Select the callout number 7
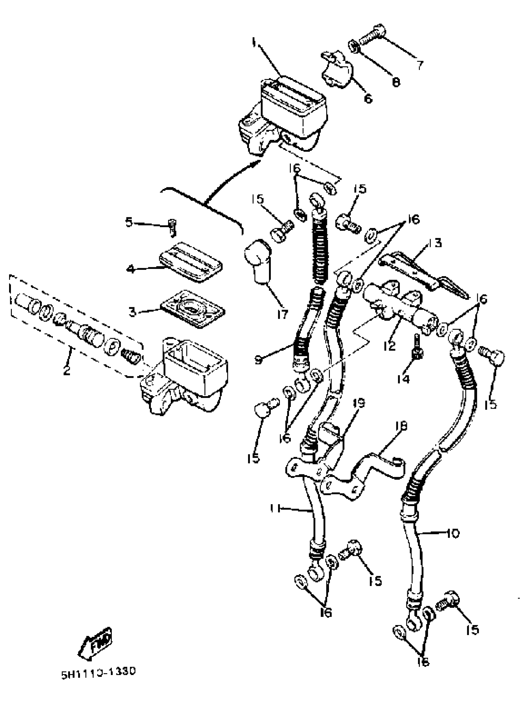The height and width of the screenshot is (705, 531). tap(419, 65)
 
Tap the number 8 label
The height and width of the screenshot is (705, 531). tap(395, 82)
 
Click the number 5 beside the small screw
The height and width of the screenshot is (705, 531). tap(128, 222)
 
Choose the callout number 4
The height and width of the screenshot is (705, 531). tap(131, 269)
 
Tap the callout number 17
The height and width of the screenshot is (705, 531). tap(282, 314)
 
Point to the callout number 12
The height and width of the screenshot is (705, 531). tap(389, 346)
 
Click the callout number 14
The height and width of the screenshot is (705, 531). tap(403, 379)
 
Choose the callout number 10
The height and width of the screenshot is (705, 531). tap(453, 533)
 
